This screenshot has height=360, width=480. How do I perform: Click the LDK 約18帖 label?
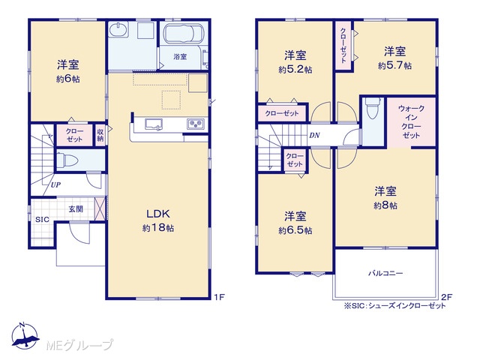(x=158, y=220)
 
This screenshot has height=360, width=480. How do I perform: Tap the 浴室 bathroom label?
(x=180, y=57)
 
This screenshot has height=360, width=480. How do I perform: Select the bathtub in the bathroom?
(x=184, y=35)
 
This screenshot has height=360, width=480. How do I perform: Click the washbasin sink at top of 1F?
(x=119, y=30)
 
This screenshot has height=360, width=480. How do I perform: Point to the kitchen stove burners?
(x=196, y=124)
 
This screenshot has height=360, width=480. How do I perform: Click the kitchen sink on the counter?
(x=154, y=124)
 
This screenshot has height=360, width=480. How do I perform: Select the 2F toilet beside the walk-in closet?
(x=372, y=108)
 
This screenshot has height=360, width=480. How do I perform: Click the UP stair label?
(x=55, y=185)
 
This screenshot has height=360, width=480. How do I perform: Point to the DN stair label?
(x=314, y=135)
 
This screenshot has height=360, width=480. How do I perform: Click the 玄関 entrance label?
(x=75, y=209)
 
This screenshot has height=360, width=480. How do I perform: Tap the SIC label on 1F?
(x=42, y=220)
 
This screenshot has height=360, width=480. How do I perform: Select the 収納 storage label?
(x=100, y=135)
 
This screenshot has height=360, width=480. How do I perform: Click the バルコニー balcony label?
(x=385, y=273)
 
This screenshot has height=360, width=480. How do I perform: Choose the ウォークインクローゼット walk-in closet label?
(x=412, y=121)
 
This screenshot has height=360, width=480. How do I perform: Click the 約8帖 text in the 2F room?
(x=385, y=205)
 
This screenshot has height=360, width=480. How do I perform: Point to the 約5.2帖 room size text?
(x=295, y=70)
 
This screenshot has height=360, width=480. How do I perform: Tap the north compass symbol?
(x=25, y=335)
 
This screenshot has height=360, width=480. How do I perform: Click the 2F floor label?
(x=447, y=296)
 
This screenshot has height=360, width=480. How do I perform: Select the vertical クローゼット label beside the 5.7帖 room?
(x=343, y=45)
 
